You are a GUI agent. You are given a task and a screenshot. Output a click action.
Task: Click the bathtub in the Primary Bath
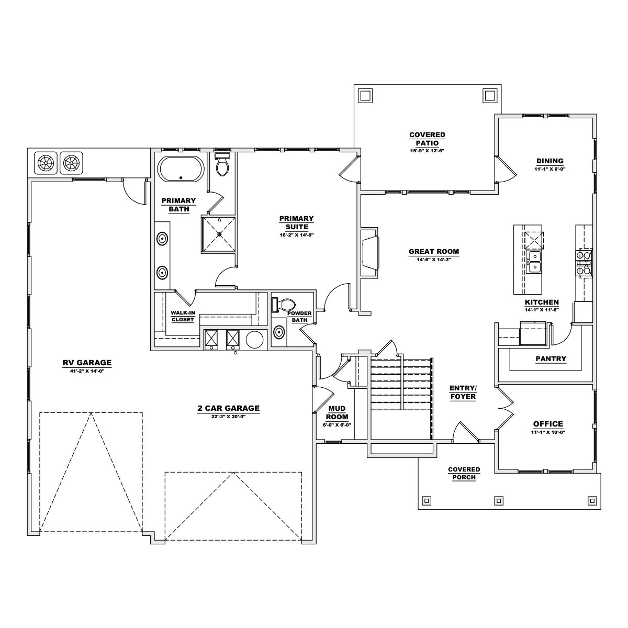pyautogui.click(x=181, y=169)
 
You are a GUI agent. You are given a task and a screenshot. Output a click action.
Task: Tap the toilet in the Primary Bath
pyautogui.click(x=222, y=164)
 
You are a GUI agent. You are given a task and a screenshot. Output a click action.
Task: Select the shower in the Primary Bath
pyautogui.click(x=219, y=234)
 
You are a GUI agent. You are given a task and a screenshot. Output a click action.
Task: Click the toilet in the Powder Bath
pyautogui.click(x=284, y=305)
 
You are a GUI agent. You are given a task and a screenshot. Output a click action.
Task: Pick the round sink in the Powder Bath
pyautogui.click(x=279, y=332)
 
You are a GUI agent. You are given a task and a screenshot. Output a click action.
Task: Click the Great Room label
pyautogui.click(x=433, y=251)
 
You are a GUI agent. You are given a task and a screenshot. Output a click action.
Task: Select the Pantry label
pyautogui.click(x=551, y=359)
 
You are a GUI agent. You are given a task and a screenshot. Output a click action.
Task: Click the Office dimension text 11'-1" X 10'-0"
pyautogui.click(x=548, y=432)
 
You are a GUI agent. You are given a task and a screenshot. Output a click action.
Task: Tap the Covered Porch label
pyautogui.click(x=464, y=473)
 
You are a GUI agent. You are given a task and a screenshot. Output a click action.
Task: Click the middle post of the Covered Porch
pyautogui.click(x=499, y=500)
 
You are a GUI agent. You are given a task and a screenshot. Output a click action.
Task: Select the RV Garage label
pyautogui.click(x=87, y=362)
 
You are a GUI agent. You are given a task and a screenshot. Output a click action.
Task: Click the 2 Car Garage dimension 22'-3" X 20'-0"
pyautogui.click(x=228, y=417)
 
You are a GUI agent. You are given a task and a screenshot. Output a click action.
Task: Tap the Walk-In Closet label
pyautogui.click(x=183, y=316)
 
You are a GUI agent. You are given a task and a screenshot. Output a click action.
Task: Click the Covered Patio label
pyautogui.click(x=427, y=139)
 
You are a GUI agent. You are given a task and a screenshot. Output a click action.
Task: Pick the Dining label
pyautogui.click(x=549, y=161)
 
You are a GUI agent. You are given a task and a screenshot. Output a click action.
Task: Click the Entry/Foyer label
pyautogui.click(x=463, y=392)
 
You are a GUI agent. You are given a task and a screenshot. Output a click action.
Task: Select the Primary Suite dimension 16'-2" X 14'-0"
pyautogui.click(x=296, y=235)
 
